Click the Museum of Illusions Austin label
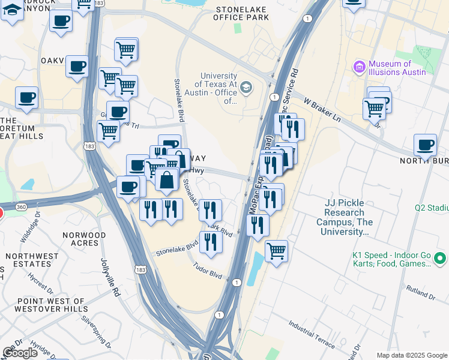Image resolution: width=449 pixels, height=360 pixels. (x=397, y=68)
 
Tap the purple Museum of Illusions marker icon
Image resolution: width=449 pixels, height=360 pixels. (x=360, y=66)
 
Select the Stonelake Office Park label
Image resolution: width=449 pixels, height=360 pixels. (x=242, y=14)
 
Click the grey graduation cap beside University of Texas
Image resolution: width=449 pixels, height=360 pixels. (x=246, y=89)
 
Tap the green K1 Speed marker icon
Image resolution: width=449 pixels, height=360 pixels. (x=440, y=259)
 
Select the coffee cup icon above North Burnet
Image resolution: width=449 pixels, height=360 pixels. (x=425, y=145)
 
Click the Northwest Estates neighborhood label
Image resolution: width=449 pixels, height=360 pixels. (x=32, y=260)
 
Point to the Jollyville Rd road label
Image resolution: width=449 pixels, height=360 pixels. (x=111, y=277)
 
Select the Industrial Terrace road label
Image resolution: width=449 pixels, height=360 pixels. (x=312, y=334)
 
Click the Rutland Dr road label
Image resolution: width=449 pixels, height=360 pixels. (x=421, y=292)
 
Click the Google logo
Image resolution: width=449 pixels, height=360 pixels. (x=20, y=353)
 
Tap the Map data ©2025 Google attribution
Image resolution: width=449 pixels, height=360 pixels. (x=412, y=355)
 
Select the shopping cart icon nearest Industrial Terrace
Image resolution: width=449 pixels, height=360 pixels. (x=276, y=251)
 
